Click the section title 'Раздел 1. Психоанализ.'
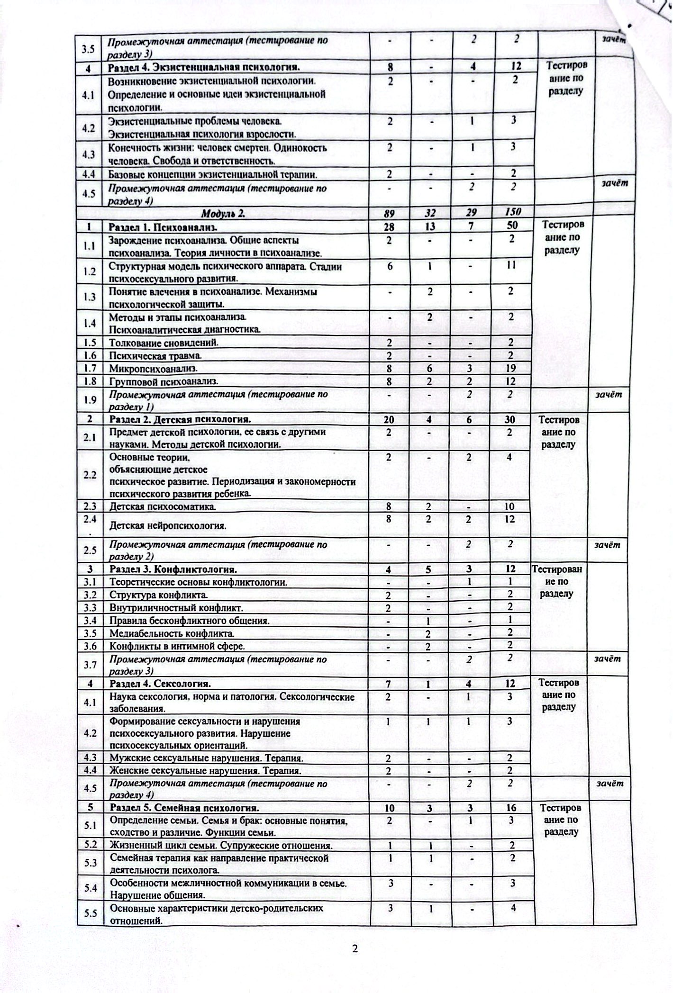point(164,226)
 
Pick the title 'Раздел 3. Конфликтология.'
point(173,569)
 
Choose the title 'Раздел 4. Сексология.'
point(160,684)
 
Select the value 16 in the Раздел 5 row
point(511,808)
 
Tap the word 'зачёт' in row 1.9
point(609,394)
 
